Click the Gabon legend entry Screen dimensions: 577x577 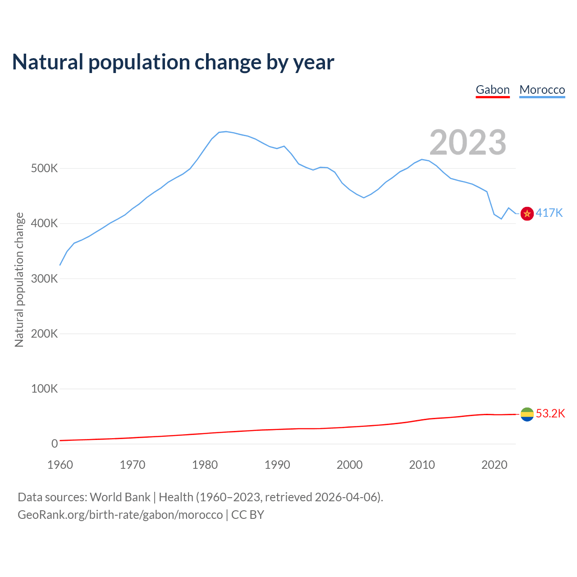point(493,90)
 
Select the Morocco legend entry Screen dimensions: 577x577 point(542,90)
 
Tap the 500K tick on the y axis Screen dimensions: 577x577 point(45,169)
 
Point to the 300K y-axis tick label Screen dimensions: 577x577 point(45,279)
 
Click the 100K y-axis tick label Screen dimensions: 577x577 point(45,389)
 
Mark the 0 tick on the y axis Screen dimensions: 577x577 point(55,444)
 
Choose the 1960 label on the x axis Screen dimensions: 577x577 point(60,465)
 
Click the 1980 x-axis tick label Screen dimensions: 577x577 point(205,465)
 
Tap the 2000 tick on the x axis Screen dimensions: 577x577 point(349,465)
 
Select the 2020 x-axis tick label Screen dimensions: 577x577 point(494,465)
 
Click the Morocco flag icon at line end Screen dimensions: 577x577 point(527,213)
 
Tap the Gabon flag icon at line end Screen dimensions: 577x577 point(527,414)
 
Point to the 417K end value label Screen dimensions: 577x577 point(549,213)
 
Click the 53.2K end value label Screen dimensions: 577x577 point(550,413)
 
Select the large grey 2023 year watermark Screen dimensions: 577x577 point(468,142)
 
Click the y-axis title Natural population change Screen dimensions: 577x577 point(19,279)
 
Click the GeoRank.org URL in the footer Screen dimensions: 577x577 point(120,514)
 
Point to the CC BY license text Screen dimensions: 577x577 point(247,514)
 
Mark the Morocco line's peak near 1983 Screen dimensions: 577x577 point(226,132)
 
